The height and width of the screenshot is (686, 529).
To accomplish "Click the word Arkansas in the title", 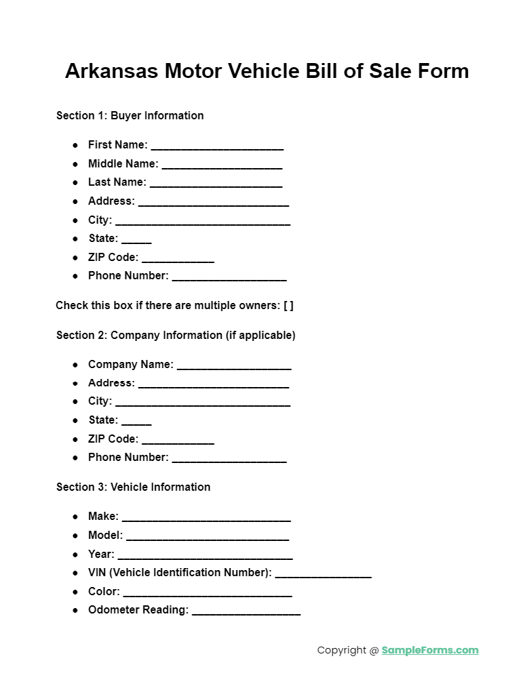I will coord(111,71).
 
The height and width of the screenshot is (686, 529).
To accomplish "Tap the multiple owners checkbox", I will coord(288,306).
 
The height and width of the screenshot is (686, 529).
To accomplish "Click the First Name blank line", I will coord(217,146).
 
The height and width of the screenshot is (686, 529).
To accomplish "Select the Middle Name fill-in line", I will coord(222,165).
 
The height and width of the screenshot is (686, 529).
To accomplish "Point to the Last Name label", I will coord(117,182).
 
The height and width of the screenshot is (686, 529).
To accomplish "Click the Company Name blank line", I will coord(234,366).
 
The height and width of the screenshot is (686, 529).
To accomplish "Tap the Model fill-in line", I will coord(208,537).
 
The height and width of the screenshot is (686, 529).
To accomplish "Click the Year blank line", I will coord(205,556).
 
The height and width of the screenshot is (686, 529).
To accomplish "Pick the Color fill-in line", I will coord(207,593).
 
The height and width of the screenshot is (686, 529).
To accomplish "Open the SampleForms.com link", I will coord(430,651).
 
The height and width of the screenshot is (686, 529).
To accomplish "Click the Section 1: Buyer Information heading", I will coord(130,116).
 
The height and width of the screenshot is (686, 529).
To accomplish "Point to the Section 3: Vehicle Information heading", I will coord(133,487).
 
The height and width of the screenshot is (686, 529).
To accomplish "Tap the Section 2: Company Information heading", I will coord(176,336).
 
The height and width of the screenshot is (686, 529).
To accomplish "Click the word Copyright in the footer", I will coord(342,651).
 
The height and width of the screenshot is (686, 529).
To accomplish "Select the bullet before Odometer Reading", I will coord(75,611).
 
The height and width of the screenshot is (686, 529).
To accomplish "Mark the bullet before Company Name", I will coord(75,365).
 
